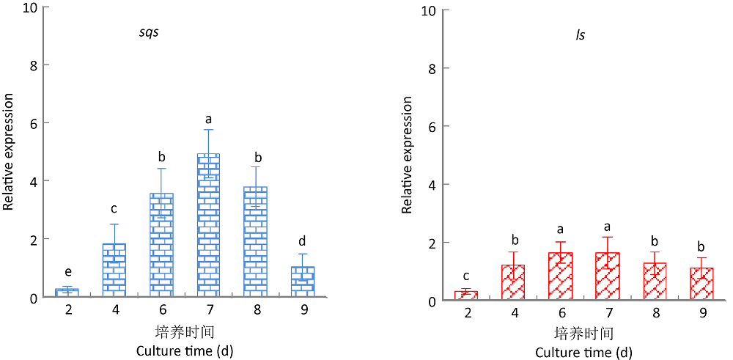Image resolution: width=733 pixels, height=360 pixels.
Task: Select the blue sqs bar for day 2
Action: pos(67,293)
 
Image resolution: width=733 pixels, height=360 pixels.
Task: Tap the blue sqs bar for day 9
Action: pos(303,282)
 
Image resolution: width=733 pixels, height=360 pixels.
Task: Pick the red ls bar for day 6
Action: pos(560,276)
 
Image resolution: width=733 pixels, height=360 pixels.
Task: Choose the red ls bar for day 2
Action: pos(465,295)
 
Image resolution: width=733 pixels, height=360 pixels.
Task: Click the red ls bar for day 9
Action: pos(701,284)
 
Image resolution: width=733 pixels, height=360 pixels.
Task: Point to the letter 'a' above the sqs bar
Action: pos(208,118)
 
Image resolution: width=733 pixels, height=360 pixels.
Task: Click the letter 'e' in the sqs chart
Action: pos(67,272)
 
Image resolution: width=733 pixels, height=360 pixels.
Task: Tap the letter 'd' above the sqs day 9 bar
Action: pos(303,240)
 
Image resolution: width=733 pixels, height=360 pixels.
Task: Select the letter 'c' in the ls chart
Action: pos(465,276)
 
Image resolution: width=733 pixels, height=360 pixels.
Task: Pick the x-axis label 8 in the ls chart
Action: pos(655,315)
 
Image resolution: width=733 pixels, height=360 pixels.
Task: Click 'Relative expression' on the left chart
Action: pos(9,152)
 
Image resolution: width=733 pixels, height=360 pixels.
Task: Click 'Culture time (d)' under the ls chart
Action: pos(583,353)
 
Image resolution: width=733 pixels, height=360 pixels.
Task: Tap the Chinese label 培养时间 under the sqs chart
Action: pos(185,331)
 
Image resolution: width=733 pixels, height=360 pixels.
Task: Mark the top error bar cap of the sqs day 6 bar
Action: pos(161,169)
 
